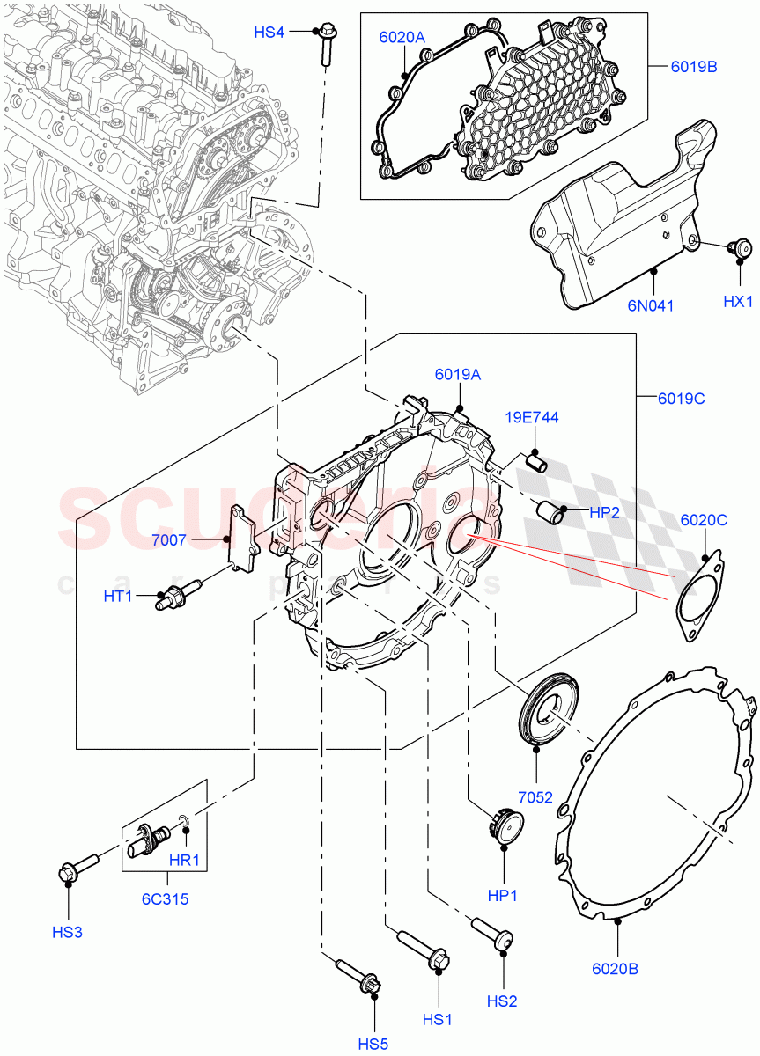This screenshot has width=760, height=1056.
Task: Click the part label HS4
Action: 269,33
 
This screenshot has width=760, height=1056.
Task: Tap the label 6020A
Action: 402,37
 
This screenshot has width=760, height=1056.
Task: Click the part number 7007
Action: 168,540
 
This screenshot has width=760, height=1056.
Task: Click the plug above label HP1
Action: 505,826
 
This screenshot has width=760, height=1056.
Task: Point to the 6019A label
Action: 457,374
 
